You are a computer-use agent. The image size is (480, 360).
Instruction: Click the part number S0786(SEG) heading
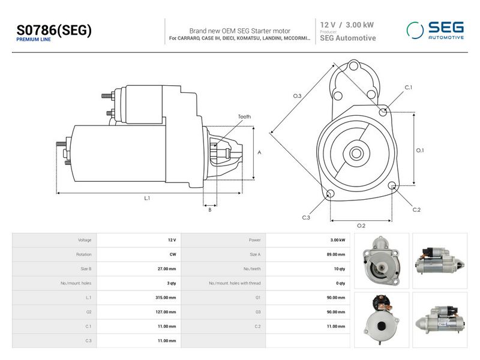[54, 30]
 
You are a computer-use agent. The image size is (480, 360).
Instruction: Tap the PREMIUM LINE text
[34, 40]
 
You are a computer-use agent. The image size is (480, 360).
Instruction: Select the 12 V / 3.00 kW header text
[347, 25]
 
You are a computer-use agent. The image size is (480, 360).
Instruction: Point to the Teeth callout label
[244, 116]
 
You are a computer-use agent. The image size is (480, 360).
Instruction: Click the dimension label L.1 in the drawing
[147, 198]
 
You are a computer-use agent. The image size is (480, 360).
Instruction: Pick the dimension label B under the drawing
[209, 209]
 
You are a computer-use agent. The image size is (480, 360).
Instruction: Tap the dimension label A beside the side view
[259, 152]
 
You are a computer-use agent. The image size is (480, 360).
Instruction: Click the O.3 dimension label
[297, 96]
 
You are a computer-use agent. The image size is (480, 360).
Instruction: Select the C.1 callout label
[409, 87]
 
